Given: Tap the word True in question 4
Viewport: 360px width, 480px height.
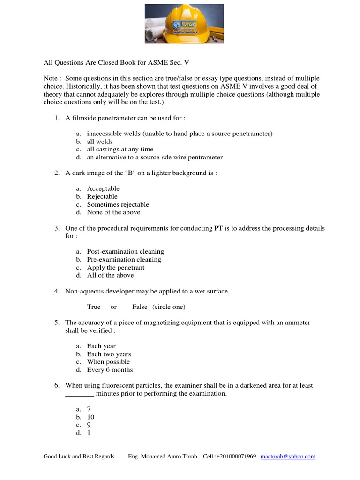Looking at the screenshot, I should pyautogui.click(x=94, y=307).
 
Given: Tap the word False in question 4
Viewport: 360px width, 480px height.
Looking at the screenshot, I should pyautogui.click(x=140, y=307).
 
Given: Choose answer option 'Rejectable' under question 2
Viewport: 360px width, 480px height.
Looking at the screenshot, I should pyautogui.click(x=102, y=196).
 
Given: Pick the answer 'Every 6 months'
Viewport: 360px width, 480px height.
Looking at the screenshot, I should pyautogui.click(x=110, y=370).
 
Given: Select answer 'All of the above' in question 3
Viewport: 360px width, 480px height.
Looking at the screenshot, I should pyautogui.click(x=110, y=275).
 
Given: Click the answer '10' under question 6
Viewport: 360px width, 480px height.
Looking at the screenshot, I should pyautogui.click(x=90, y=417).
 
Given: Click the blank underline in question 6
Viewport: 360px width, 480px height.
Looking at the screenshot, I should pyautogui.click(x=79, y=394).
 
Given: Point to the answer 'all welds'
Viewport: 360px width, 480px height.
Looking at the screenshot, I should pyautogui.click(x=100, y=142).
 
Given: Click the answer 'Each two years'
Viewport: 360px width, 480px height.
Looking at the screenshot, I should pyautogui.click(x=109, y=354).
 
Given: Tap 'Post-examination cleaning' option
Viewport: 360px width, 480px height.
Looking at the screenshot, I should pyautogui.click(x=125, y=251).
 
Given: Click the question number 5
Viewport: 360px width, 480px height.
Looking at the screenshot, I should pyautogui.click(x=56, y=322).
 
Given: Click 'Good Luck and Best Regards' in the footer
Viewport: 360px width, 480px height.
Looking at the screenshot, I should pyautogui.click(x=79, y=456).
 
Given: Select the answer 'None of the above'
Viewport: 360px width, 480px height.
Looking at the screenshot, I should pyautogui.click(x=113, y=212).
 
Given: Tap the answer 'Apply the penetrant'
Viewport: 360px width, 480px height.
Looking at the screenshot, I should pyautogui.click(x=115, y=267).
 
